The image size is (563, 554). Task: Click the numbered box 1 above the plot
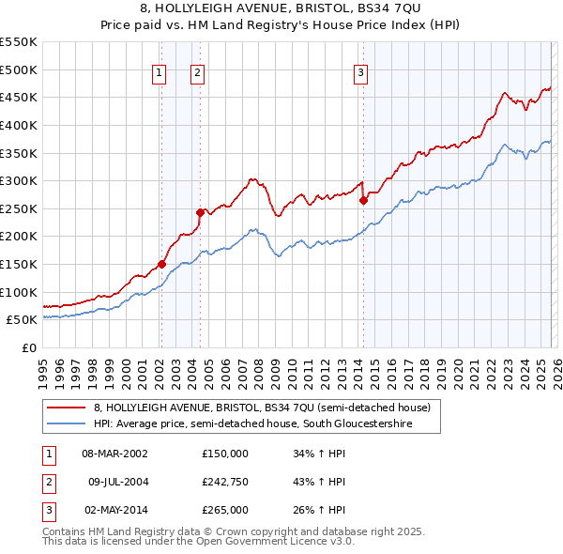tap(160, 72)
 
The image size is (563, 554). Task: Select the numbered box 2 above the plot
tap(199, 72)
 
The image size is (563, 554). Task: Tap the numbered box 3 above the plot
tap(362, 72)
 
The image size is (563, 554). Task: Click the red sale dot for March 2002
tap(161, 264)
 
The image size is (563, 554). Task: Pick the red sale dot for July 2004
tap(200, 212)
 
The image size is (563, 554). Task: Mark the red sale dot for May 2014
tap(363, 200)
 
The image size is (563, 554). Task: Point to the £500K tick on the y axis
tap(19, 69)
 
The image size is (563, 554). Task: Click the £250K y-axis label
tap(19, 208)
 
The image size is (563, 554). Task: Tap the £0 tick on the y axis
tap(28, 347)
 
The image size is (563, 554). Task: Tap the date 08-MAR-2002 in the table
tap(114, 453)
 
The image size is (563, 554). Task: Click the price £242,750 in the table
tap(225, 481)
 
